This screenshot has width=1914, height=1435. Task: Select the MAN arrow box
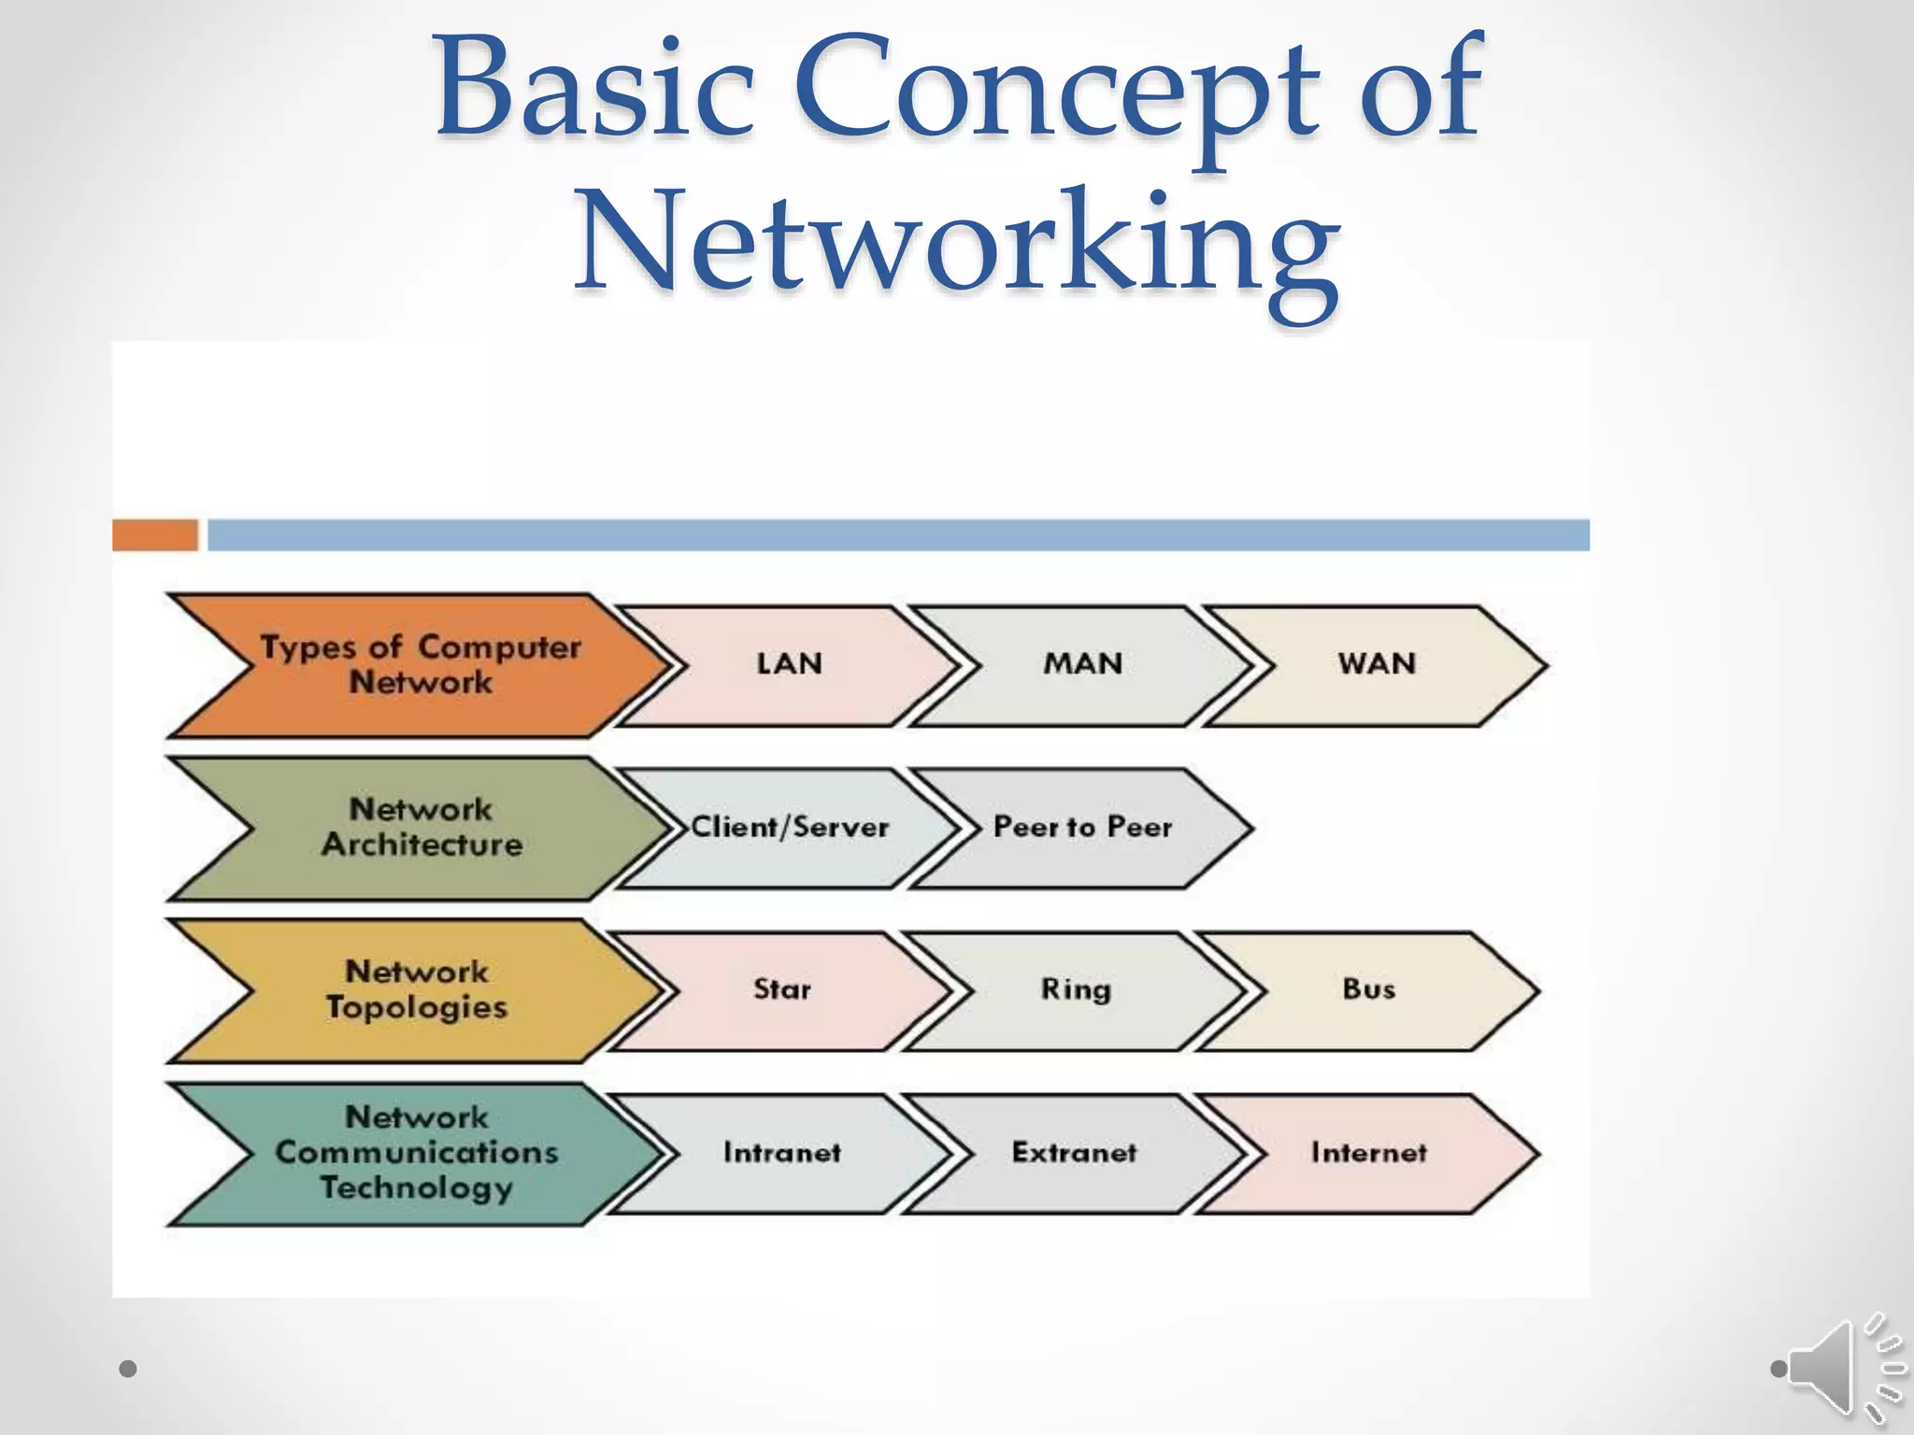pyautogui.click(x=1082, y=665)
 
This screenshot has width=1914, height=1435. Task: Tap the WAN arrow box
pyautogui.click(x=1377, y=665)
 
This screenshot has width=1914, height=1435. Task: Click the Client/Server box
pyautogui.click(x=790, y=828)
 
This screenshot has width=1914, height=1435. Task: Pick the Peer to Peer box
pyautogui.click(x=1082, y=828)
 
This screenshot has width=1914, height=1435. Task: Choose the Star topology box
pyautogui.click(x=782, y=990)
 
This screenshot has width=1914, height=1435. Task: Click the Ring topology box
pyautogui.click(x=1076, y=990)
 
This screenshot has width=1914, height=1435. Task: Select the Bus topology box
pyautogui.click(x=1369, y=990)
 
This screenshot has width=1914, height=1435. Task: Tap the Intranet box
pyautogui.click(x=782, y=1153)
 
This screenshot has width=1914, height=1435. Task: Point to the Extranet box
pyautogui.click(x=1075, y=1153)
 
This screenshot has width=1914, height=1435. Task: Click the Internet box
pyautogui.click(x=1369, y=1153)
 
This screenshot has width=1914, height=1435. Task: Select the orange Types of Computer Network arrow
pyautogui.click(x=421, y=665)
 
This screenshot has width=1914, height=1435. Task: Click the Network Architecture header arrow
pyautogui.click(x=421, y=828)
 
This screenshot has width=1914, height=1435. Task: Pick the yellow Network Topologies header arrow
pyautogui.click(x=417, y=990)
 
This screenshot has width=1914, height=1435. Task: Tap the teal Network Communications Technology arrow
pyautogui.click(x=417, y=1153)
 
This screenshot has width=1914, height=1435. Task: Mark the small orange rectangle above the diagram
pyautogui.click(x=155, y=535)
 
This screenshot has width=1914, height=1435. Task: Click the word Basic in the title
pyautogui.click(x=594, y=93)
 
